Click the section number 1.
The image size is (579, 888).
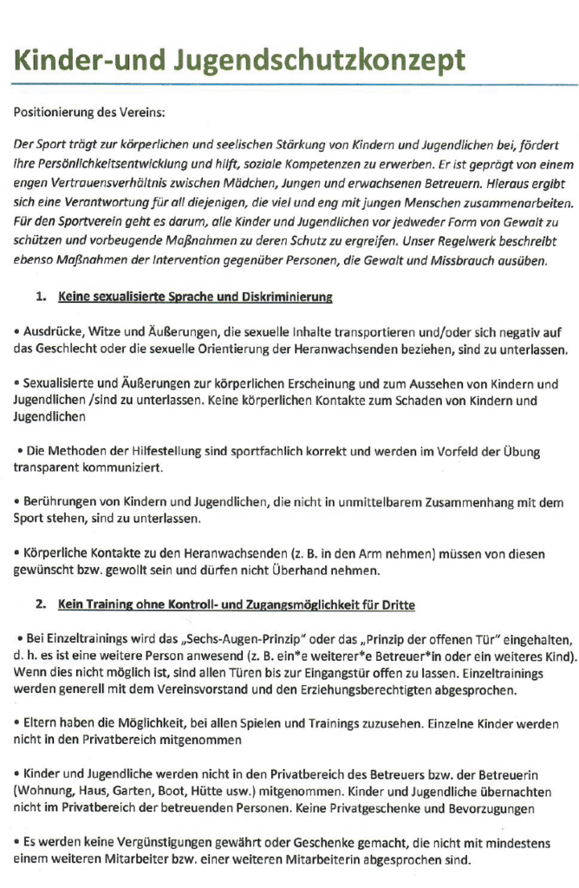[41, 297]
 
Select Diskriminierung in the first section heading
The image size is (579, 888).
[285, 297]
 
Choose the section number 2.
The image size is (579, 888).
[41, 604]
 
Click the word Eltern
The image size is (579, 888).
[40, 723]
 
